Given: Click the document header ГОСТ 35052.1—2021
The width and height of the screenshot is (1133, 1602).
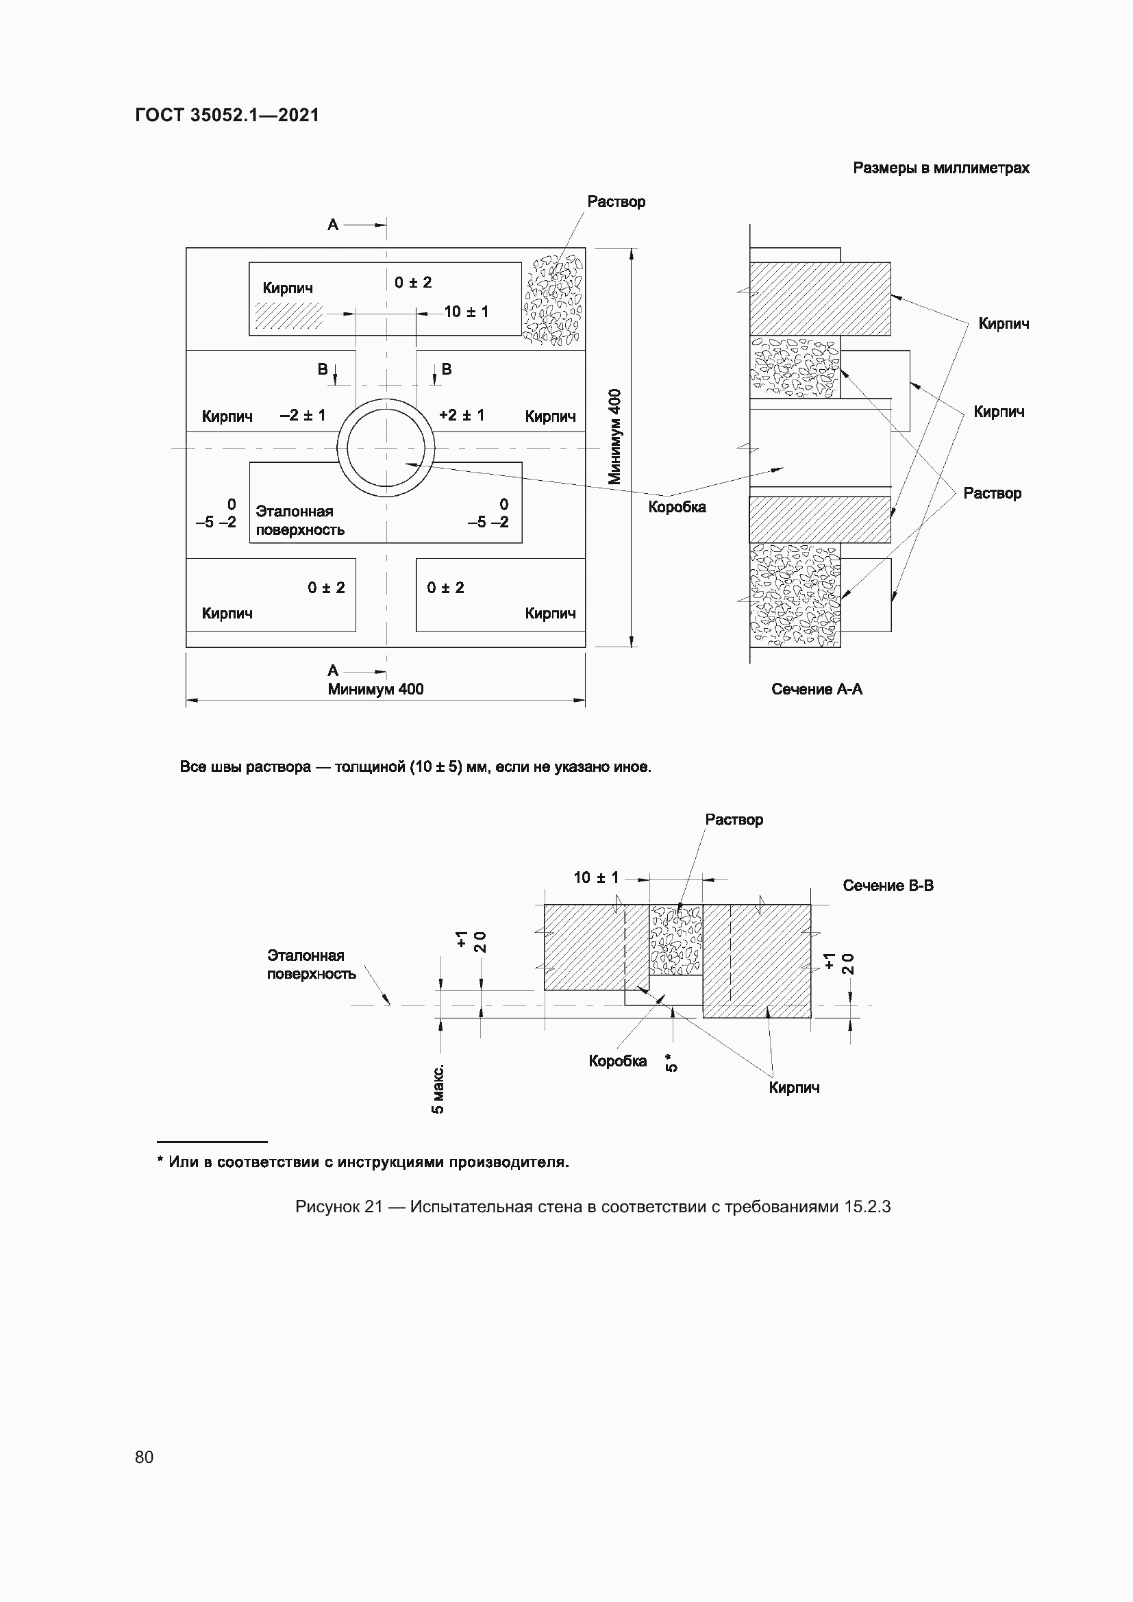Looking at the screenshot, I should [227, 115].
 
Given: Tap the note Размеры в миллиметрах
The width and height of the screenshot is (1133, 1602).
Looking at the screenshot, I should [941, 168].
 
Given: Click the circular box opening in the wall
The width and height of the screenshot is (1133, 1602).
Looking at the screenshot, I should [386, 447].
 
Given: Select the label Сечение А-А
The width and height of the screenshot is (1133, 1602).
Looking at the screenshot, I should [817, 690].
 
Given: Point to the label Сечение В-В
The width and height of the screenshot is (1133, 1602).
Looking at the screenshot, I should [887, 886].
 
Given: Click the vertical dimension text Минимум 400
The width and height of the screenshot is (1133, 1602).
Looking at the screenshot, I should [614, 436].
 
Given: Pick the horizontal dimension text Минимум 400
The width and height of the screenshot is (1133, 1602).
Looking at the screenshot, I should [375, 690].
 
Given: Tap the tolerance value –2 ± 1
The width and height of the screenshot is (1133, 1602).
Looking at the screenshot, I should [302, 415].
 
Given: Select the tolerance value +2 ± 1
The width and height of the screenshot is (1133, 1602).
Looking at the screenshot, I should [461, 415].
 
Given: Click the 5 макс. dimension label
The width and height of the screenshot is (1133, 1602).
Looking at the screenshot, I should [438, 1089].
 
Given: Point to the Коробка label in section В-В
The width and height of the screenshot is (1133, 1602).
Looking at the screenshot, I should [617, 1061].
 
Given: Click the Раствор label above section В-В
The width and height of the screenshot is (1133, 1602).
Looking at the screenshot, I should [734, 820].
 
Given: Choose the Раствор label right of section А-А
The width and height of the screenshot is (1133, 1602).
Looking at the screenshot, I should [991, 493].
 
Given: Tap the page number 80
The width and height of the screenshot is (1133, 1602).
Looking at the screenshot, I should [145, 1457].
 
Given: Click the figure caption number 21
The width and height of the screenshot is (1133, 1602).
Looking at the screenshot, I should [373, 1207].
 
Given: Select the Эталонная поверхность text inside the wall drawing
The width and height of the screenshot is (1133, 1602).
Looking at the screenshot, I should [300, 521].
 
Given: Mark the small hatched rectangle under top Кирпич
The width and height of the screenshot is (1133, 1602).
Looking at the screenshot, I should [288, 315].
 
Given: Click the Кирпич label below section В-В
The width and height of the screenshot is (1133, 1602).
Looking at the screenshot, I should [794, 1088].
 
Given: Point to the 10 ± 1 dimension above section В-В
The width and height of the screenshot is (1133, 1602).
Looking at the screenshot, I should [596, 878].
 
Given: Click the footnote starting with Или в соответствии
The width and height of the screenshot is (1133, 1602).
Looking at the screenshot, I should [364, 1162].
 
